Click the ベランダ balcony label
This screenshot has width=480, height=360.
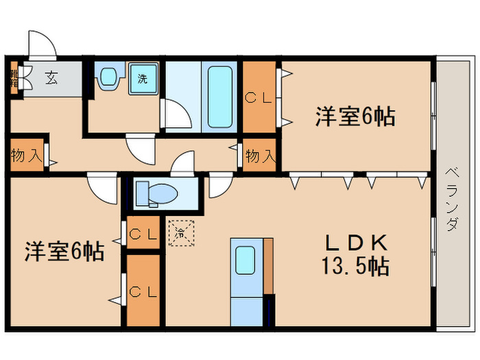(452, 199)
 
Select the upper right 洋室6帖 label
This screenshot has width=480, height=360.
(355, 117)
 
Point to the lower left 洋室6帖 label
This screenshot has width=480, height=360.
(64, 252)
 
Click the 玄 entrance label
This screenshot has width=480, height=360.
(51, 77)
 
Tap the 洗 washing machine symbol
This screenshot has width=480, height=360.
(143, 78)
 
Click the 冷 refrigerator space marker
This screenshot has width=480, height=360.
(180, 232)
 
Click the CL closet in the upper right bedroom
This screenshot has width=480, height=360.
(260, 98)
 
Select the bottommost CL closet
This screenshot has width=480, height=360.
(143, 291)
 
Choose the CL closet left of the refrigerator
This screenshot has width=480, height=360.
(143, 235)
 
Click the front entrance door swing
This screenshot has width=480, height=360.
(41, 45)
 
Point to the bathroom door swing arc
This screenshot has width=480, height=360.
(175, 114)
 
